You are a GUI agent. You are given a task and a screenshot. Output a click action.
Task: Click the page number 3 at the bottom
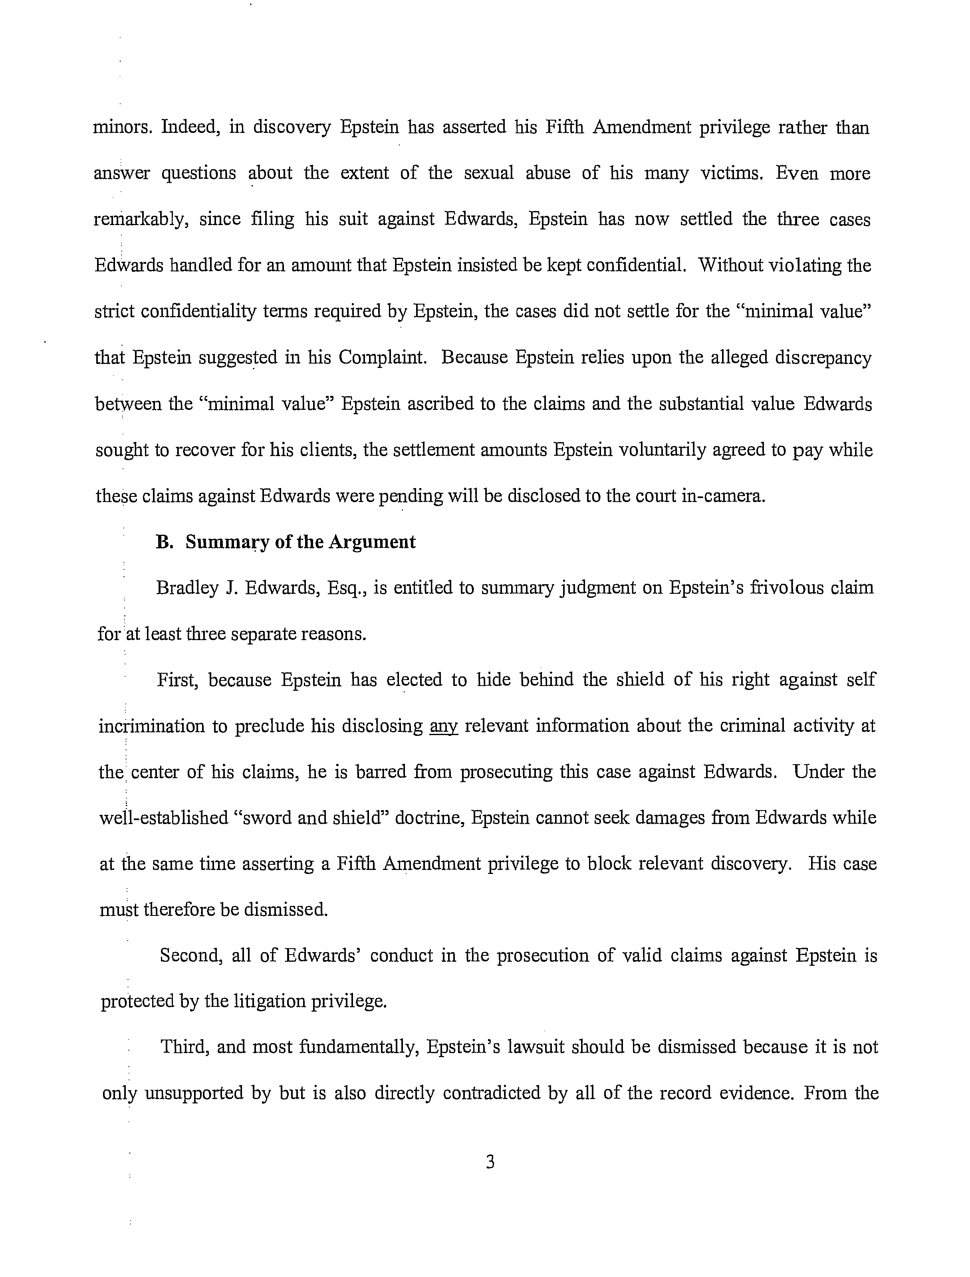click(490, 1162)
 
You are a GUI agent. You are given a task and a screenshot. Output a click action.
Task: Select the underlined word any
click(444, 726)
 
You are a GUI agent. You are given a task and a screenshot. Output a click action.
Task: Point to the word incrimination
click(151, 726)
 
